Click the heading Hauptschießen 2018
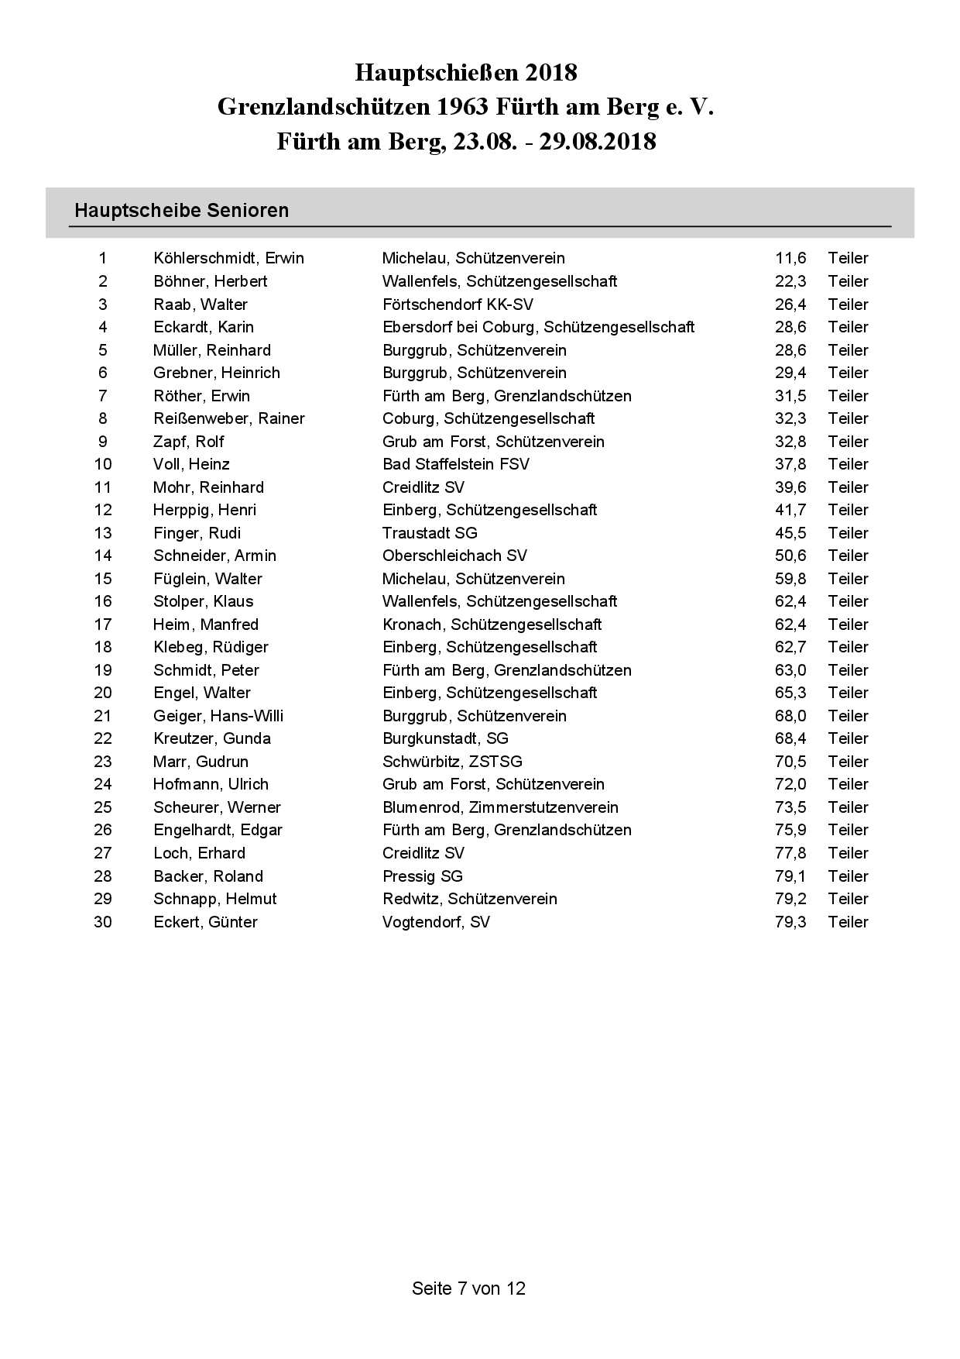[466, 73]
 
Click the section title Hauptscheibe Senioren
[181, 211]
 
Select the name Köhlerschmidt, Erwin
[228, 258]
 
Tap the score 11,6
[790, 258]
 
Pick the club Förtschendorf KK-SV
[458, 304]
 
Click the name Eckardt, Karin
[204, 327]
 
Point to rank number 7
[103, 396]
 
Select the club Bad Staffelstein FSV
[456, 464]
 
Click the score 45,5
[790, 533]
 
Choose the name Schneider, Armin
[214, 556]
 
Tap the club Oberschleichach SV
[454, 556]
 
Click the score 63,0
[790, 670]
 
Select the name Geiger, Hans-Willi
[218, 716]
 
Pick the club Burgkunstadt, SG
[445, 738]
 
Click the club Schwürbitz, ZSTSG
[452, 762]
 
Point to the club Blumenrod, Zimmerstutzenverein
[500, 807]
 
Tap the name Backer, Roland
[208, 876]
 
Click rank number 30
[103, 922]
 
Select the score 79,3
[790, 922]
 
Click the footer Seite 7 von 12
[468, 1288]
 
